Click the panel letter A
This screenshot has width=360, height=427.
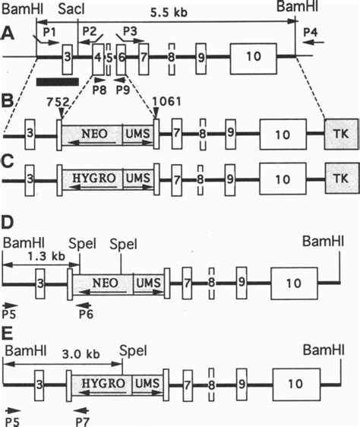[x=8, y=34]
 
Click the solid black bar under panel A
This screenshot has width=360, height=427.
[x=55, y=80]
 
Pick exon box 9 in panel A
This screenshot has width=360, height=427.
[x=201, y=58]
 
